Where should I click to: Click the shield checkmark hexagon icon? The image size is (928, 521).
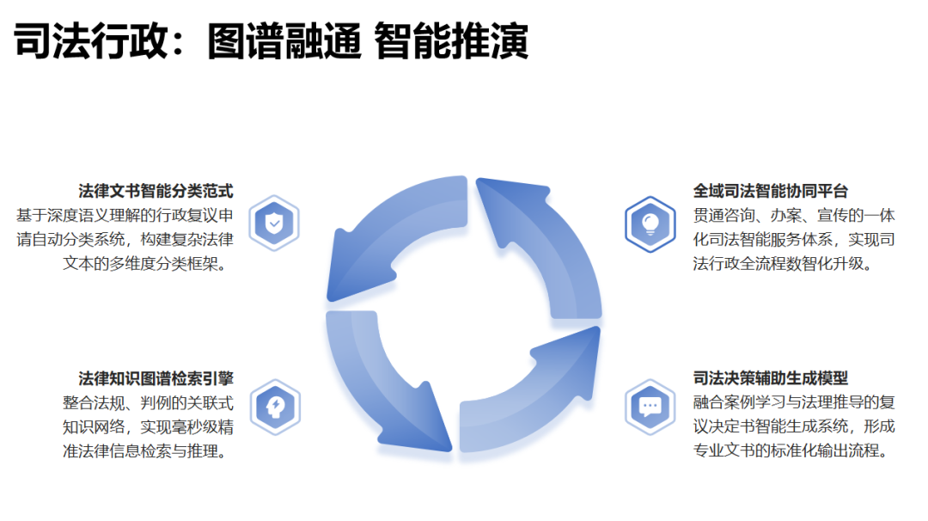(x=274, y=224)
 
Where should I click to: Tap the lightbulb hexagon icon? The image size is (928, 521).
(x=650, y=224)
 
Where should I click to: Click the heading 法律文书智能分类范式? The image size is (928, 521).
(x=156, y=191)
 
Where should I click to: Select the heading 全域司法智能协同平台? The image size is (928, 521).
(x=771, y=191)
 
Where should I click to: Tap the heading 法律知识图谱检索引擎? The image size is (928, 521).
(x=156, y=378)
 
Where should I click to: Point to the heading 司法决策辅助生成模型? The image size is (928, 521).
(x=771, y=378)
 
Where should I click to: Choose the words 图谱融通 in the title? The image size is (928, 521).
(x=284, y=41)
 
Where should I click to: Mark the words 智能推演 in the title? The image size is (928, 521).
(x=452, y=41)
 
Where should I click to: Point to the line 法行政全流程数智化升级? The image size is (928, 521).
(x=783, y=264)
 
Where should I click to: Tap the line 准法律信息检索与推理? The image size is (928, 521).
(x=148, y=450)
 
